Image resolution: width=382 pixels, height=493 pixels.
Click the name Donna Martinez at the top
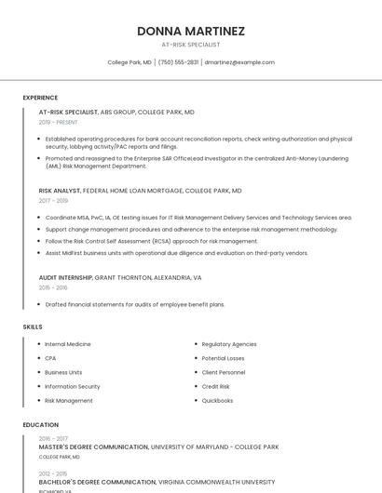(191, 31)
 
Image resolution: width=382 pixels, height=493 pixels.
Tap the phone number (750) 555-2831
(178, 62)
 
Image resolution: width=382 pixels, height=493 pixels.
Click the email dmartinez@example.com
(239, 62)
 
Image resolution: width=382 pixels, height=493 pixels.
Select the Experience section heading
(40, 98)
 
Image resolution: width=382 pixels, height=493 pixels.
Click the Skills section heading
(33, 327)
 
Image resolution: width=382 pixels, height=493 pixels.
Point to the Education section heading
(40, 425)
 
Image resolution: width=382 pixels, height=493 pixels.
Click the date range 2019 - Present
(58, 122)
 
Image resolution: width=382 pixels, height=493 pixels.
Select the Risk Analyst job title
(60, 191)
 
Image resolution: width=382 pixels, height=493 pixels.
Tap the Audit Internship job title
(65, 277)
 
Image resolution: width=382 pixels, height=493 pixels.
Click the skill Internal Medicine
(68, 344)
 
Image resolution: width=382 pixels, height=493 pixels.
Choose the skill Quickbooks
(217, 400)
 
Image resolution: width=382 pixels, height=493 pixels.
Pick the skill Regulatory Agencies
(229, 344)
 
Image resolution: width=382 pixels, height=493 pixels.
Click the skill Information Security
(73, 386)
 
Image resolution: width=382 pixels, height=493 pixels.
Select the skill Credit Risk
(216, 386)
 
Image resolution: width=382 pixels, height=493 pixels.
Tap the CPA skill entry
(50, 358)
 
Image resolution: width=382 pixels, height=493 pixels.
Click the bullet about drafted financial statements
(135, 304)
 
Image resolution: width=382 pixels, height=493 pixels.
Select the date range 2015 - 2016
(53, 287)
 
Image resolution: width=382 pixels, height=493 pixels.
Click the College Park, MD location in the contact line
(130, 62)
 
